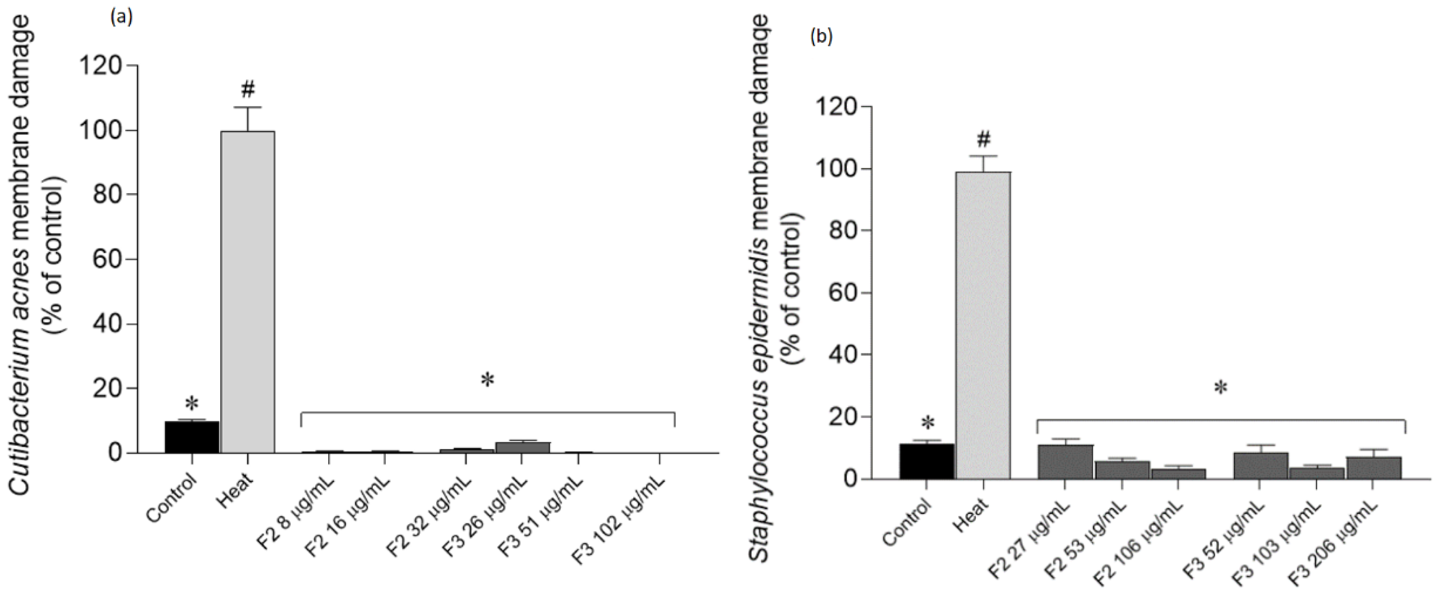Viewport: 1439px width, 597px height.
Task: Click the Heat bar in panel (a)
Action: pos(247,291)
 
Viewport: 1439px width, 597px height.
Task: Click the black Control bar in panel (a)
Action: pos(192,437)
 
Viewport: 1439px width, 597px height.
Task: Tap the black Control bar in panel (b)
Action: pos(926,461)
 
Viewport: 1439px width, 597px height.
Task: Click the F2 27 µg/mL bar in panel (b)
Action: pos(1065,462)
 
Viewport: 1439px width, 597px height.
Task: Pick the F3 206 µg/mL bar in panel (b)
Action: pos(1374,467)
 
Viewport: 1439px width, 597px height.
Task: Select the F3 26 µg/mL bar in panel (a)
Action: pos(522,447)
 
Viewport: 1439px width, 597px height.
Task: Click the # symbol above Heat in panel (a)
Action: pos(249,88)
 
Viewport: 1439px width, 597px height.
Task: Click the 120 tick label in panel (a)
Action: pos(101,66)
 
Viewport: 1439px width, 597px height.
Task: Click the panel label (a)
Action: pos(121,18)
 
